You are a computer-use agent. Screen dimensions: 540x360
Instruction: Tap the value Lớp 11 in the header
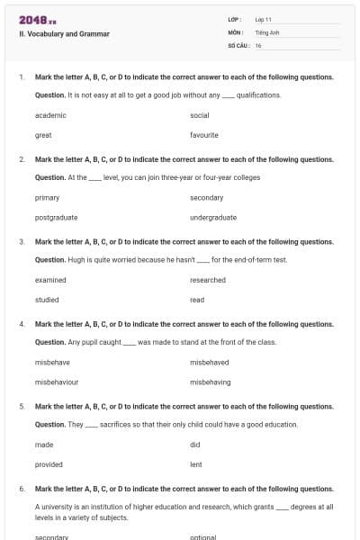pos(264,19)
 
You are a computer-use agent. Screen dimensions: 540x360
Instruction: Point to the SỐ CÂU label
pos(238,45)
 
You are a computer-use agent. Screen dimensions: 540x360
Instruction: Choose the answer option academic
pos(50,115)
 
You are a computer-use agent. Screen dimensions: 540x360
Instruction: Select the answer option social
pos(200,115)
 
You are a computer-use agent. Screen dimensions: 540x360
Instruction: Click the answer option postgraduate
pos(56,217)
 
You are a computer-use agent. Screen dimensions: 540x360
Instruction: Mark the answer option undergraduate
pos(213,217)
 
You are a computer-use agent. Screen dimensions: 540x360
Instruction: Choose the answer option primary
pos(48,197)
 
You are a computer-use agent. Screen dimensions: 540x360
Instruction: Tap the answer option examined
pos(50,280)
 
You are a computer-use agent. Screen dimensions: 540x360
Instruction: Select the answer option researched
pos(208,280)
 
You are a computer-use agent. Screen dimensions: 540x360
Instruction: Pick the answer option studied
pos(47,300)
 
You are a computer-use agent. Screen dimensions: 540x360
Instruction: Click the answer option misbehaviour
pos(57,382)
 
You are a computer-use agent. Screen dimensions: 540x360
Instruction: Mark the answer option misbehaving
pos(211,382)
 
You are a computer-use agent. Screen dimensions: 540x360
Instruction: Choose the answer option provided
pos(49,464)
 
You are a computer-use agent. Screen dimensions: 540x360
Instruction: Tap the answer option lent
pos(196,464)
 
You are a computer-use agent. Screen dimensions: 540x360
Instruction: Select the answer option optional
pos(203,536)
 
